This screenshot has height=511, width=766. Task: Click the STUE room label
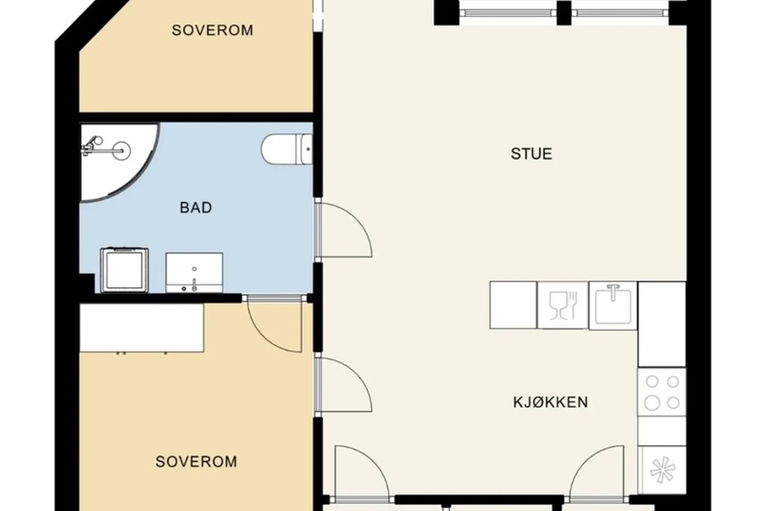coord(531,154)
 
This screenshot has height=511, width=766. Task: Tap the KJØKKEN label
coord(551,403)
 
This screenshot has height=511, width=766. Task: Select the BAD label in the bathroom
coord(196,208)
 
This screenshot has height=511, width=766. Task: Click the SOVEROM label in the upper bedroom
coord(213,31)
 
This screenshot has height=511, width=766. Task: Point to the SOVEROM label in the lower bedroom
coord(197,462)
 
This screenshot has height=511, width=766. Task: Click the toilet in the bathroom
coord(288,149)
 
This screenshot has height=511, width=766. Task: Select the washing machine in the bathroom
coord(124,271)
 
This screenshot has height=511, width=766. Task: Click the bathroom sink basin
coord(194,273)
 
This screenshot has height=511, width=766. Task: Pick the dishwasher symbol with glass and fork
coord(563,305)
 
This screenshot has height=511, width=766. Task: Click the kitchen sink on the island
coord(613,305)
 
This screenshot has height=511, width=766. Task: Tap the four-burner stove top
coord(662,392)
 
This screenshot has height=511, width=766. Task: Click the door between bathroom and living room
coord(344,230)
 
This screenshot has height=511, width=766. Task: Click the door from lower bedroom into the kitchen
coord(344,385)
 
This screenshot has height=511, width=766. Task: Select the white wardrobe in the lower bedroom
coord(141,328)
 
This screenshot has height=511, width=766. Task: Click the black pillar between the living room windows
coord(563,13)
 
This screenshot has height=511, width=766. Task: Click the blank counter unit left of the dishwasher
coord(513,305)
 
